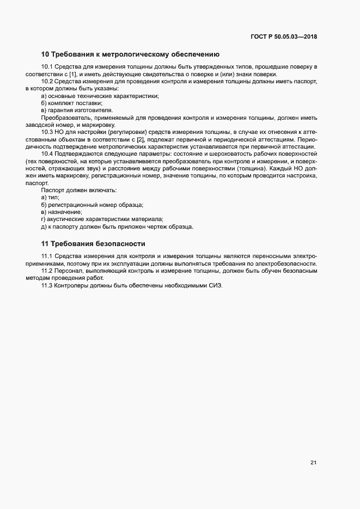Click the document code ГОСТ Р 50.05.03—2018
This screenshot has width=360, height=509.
click(x=284, y=37)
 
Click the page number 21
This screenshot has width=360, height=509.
click(x=313, y=463)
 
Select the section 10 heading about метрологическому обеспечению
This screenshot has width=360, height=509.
click(x=130, y=54)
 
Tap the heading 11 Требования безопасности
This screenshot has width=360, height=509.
click(x=93, y=243)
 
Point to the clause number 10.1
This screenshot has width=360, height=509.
click(x=47, y=66)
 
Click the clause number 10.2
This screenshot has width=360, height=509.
click(x=47, y=81)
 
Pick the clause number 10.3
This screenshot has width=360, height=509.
click(x=47, y=132)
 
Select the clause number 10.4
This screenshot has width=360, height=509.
click(x=47, y=154)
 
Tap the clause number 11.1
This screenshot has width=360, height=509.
click(x=47, y=256)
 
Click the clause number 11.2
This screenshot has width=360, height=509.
click(x=47, y=271)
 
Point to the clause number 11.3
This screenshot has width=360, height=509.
click(x=47, y=285)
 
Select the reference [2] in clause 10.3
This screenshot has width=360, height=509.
click(x=140, y=139)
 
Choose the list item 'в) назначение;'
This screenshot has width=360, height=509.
click(x=62, y=212)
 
